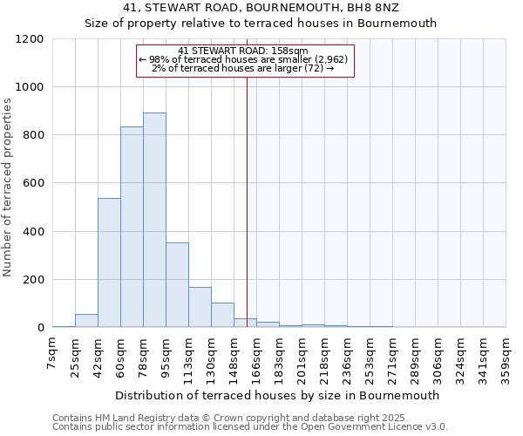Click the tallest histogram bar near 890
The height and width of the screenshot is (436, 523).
tap(154, 220)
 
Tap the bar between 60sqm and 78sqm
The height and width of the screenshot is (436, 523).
tap(132, 227)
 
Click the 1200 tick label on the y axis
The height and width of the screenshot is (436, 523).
tap(30, 39)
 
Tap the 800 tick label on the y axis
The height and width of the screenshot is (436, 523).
tap(33, 135)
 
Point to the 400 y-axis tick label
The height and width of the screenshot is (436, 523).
tap(33, 232)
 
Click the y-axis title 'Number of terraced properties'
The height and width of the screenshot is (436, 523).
tap(8, 187)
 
